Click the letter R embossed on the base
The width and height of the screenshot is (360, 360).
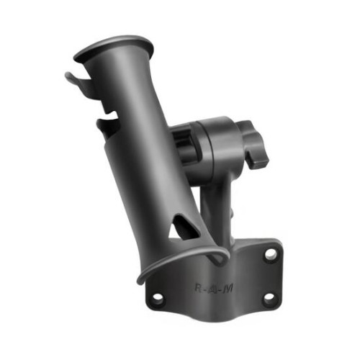point(199,287)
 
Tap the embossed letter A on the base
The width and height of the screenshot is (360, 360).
point(212,289)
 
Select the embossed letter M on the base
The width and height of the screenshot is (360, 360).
point(227,289)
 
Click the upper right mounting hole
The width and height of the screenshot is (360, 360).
point(271,253)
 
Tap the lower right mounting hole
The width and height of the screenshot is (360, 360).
point(269,297)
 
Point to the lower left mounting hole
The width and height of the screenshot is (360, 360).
point(158,298)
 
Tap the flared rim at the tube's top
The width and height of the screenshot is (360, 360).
point(113,48)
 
